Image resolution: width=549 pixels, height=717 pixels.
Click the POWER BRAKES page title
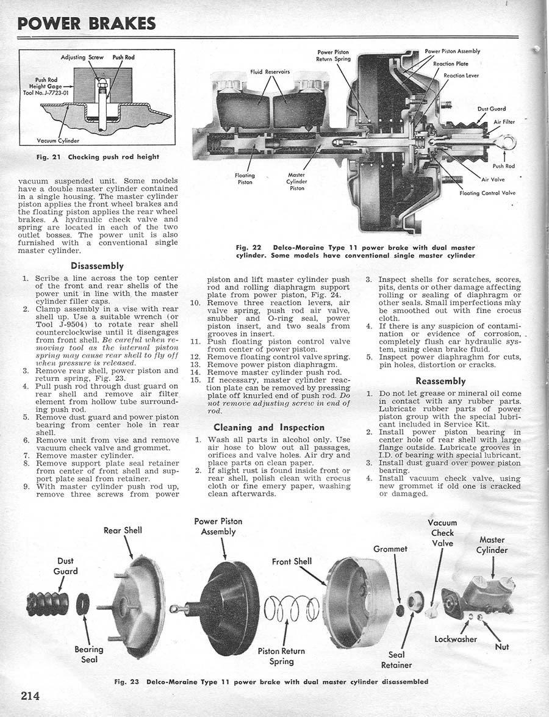tap(86, 23)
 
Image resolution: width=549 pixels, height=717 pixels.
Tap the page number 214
tap(35, 695)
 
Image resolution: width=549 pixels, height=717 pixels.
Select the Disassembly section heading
tap(97, 265)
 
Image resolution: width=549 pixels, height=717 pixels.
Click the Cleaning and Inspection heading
tap(269, 427)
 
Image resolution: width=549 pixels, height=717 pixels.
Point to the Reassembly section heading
tap(440, 381)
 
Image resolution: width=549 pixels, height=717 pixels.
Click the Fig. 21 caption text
tap(97, 157)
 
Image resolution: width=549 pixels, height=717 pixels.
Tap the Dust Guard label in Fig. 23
tap(65, 566)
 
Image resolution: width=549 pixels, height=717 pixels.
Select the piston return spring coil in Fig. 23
tap(291, 608)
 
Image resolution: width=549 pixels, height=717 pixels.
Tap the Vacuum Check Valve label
tap(442, 533)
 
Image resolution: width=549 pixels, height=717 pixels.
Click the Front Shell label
tap(292, 561)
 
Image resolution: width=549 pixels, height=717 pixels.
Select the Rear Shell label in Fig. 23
tap(123, 530)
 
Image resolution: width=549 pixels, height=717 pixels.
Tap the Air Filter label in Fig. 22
tap(504, 121)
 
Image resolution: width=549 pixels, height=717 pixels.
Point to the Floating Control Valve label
tap(487, 193)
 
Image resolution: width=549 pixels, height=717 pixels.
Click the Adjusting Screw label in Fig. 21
tap(82, 57)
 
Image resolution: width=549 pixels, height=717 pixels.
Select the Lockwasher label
tap(456, 639)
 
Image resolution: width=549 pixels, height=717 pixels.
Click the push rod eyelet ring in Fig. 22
tap(508, 143)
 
